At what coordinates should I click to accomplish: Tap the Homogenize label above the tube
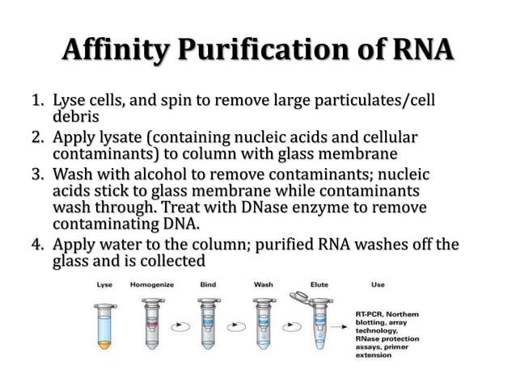154,284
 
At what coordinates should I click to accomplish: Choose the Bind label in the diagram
206,284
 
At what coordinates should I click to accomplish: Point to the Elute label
319,284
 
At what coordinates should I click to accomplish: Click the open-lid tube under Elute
319,327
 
